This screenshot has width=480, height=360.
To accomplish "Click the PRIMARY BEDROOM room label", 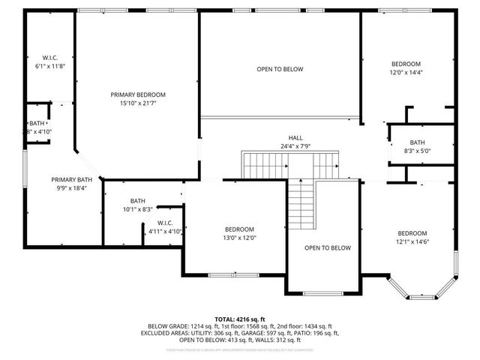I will click(138, 94).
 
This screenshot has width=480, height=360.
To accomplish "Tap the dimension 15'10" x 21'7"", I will click(138, 103).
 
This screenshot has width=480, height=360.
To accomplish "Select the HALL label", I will click(295, 138).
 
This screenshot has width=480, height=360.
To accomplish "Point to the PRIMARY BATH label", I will click(72, 179).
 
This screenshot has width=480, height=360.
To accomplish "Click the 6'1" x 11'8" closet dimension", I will click(50, 66).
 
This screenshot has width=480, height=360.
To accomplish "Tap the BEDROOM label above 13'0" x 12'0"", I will click(240, 229).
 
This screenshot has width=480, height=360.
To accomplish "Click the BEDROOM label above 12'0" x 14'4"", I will click(406, 64).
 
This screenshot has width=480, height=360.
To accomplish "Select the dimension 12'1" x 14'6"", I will click(412, 241).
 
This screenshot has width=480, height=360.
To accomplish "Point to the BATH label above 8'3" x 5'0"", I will click(418, 142).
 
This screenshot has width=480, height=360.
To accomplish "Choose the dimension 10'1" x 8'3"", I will click(137, 209).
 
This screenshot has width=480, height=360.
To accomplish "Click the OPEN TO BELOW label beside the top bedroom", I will click(280, 69).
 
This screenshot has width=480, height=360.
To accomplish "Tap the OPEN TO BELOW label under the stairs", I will click(328, 247).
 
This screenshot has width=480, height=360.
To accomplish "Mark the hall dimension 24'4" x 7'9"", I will click(295, 146).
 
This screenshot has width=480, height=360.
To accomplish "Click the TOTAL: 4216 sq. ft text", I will click(239, 319).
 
